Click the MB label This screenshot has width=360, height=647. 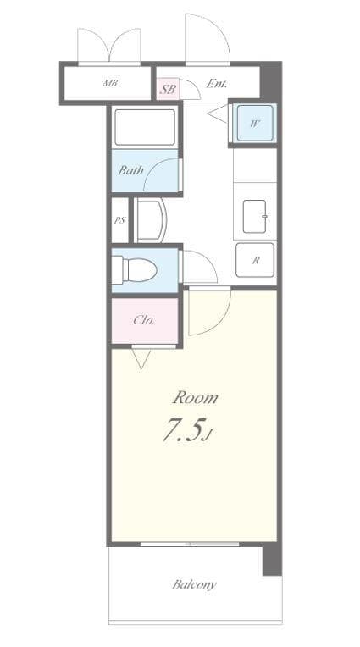coord(110,83)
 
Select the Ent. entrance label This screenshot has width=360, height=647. coord(216,83)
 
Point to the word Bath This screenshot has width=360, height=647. coord(130,170)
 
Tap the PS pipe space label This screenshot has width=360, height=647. coord(119,220)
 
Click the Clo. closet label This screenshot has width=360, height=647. coord(143,320)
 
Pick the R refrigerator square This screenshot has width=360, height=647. coord(255,261)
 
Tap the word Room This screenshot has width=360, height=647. coord(196,397)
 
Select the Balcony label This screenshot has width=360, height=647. coord(195,584)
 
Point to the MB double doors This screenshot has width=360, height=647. coord(109,46)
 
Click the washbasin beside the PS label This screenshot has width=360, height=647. coord(150,220)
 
